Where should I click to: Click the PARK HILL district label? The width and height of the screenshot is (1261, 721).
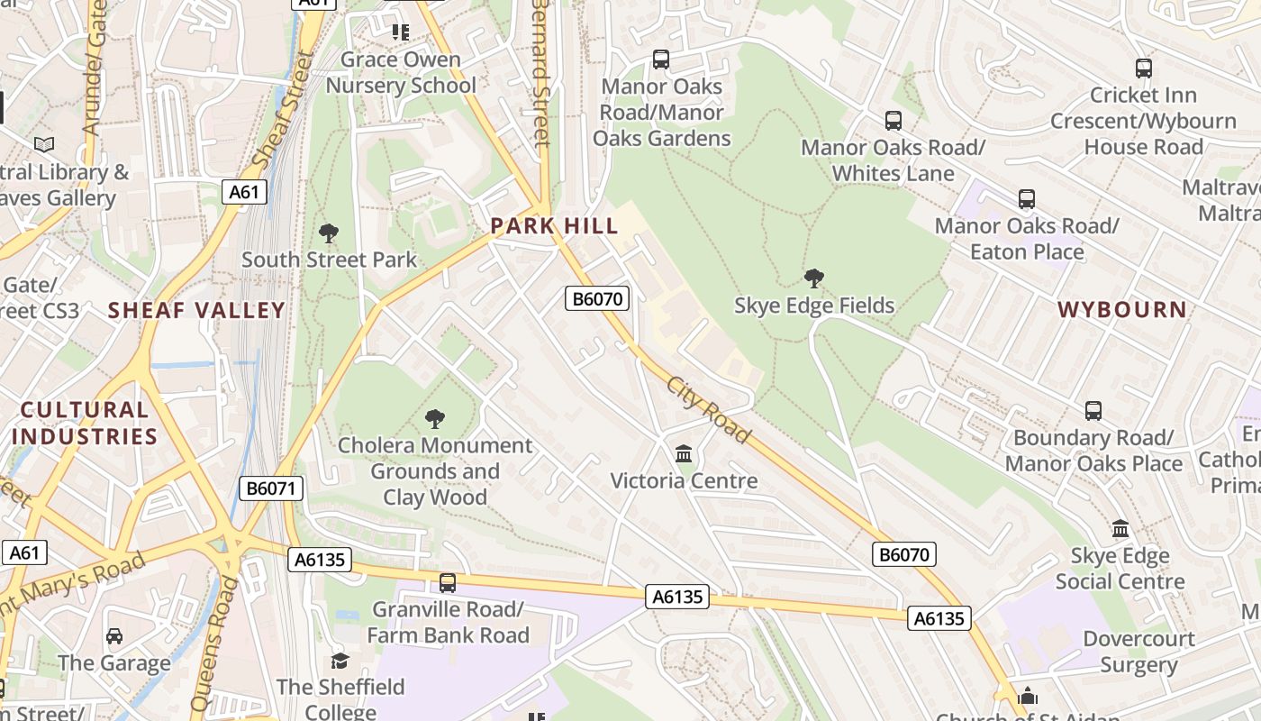click(554, 225)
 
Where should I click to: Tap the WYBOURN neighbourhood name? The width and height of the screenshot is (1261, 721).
click(1122, 310)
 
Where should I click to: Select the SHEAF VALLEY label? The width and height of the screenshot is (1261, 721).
click(196, 311)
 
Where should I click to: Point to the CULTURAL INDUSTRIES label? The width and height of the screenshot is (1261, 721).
click(86, 423)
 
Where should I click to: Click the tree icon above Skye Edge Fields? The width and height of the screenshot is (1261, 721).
click(814, 278)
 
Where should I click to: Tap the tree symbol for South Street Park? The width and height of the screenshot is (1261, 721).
click(329, 233)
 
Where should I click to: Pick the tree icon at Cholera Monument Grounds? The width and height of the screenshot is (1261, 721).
click(435, 418)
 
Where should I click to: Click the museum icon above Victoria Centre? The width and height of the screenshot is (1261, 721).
click(684, 453)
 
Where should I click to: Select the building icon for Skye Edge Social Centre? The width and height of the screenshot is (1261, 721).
click(1120, 528)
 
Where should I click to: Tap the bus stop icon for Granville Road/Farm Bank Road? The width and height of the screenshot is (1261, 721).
click(448, 582)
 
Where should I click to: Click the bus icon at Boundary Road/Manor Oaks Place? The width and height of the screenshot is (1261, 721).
click(1093, 411)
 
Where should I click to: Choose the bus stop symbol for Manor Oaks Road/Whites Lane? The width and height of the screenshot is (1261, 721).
click(894, 121)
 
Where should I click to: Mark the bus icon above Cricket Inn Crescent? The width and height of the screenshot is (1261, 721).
click(1144, 68)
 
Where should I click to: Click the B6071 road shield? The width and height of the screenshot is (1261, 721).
click(272, 489)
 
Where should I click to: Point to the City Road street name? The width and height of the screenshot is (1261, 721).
click(708, 410)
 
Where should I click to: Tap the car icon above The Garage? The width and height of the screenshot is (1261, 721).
click(114, 636)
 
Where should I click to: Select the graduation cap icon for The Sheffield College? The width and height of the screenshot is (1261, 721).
click(340, 661)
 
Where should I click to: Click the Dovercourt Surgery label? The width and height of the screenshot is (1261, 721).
click(1139, 652)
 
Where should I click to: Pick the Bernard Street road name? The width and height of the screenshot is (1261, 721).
click(540, 72)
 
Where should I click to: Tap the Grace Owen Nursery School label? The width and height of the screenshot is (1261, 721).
click(401, 72)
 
